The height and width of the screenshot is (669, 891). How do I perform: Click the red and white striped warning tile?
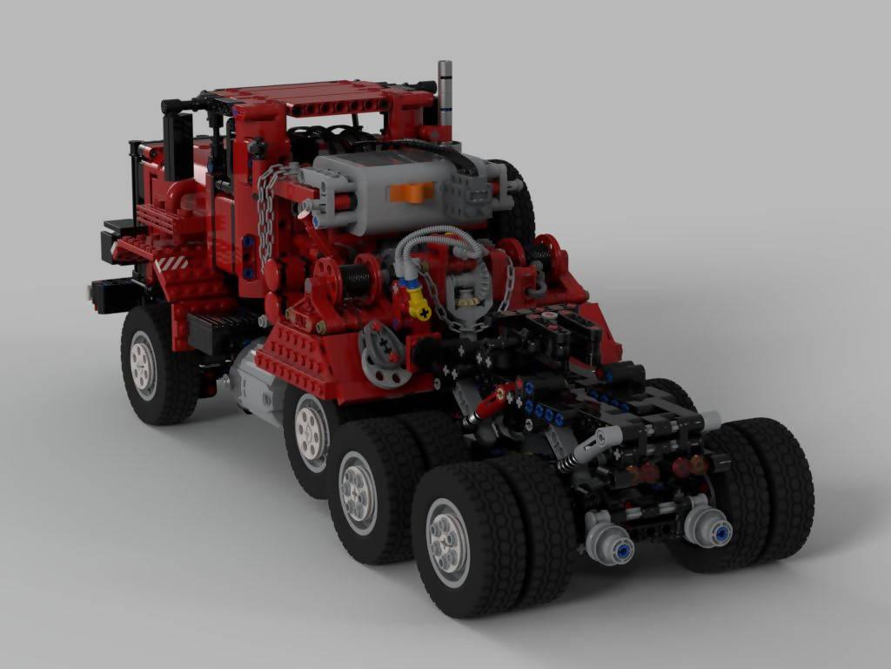click(171, 261)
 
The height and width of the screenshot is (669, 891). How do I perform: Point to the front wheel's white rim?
click(143, 364)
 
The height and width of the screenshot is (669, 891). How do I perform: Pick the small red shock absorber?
click(490, 403)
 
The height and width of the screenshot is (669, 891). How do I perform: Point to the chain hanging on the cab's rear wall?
click(266, 213)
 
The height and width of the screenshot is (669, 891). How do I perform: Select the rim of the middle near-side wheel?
click(358, 491)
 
